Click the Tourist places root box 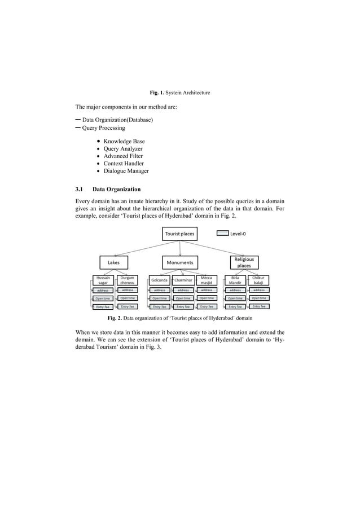point(179,234)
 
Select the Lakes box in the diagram point(113,262)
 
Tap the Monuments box point(180,262)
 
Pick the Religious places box point(244,262)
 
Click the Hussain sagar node point(103,280)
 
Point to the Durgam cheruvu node point(127,280)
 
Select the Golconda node point(159,280)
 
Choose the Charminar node point(183,280)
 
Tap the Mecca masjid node point(207,280)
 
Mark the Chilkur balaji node point(258,280)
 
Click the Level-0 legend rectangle point(222,232)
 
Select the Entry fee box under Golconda point(160,307)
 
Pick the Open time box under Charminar point(183,298)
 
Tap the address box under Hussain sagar point(103,290)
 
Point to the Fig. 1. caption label point(156,92)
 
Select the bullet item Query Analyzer point(122,148)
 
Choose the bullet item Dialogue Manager point(126,170)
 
